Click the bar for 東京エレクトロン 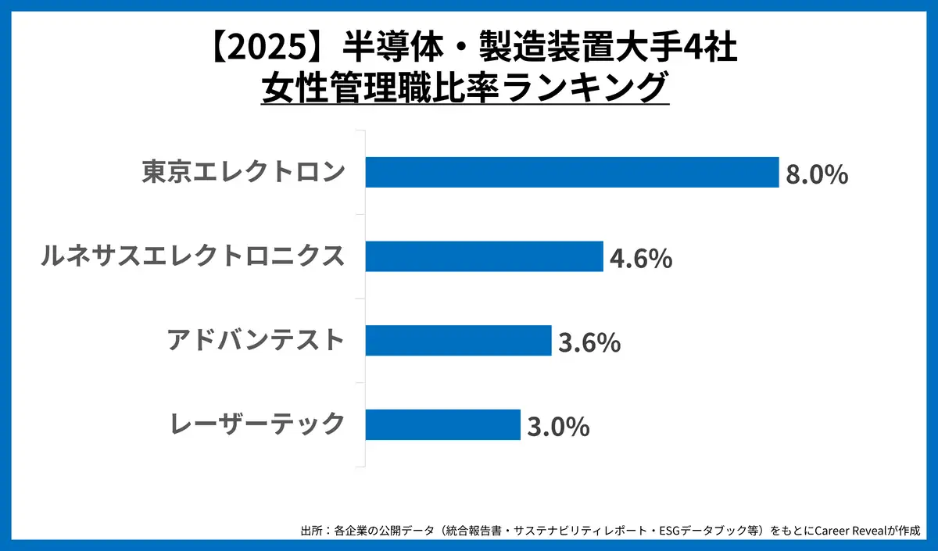(571, 172)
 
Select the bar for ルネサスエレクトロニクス (484, 256)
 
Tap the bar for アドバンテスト (458, 341)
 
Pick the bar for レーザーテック (442, 424)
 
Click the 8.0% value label (817, 174)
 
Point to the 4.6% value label (641, 259)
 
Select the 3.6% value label (589, 342)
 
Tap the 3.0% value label (557, 427)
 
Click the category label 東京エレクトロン (243, 172)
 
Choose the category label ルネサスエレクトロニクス (192, 256)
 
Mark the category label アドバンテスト (256, 341)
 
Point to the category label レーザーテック (257, 424)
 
